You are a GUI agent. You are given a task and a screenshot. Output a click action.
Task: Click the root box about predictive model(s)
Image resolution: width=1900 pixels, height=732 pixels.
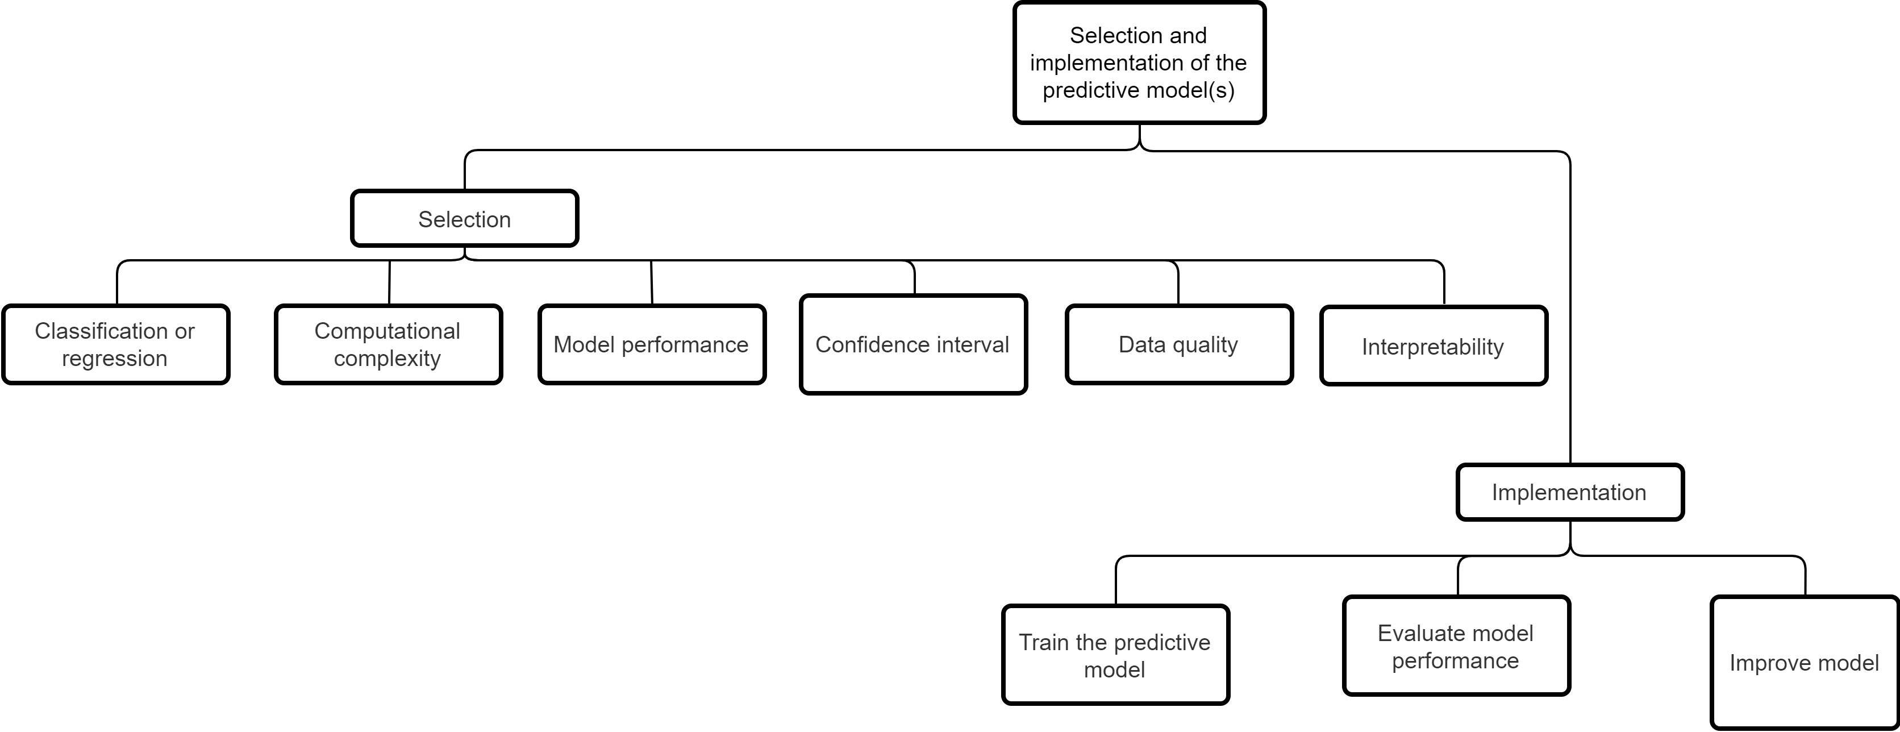pos(1139,63)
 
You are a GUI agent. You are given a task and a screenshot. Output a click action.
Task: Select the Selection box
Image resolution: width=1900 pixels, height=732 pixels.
pos(465,218)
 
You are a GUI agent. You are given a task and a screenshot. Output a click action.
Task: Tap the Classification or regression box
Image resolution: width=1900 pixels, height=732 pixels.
pos(116,344)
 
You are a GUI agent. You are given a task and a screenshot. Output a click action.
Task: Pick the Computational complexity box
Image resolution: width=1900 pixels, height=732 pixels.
pos(389,344)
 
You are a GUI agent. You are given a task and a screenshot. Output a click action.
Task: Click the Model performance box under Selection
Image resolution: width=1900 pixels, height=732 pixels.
pos(652,344)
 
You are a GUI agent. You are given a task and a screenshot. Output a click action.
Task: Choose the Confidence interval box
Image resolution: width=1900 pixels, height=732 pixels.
pos(914,344)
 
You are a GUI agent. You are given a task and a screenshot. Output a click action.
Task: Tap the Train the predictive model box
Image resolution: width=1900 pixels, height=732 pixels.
pos(1116,655)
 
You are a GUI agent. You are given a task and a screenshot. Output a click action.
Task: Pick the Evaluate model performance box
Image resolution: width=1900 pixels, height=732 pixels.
pos(1457,646)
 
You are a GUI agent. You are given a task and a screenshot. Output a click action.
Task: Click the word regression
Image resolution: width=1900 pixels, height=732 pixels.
pos(114,359)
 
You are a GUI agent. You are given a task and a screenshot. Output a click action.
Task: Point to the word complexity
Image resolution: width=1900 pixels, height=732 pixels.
pos(388,359)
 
